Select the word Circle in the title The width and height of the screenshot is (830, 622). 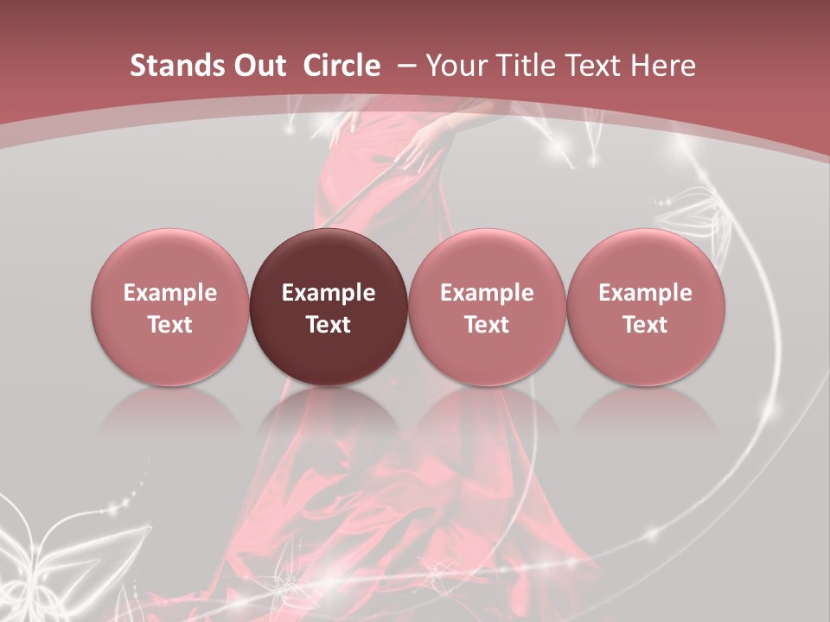[342, 66]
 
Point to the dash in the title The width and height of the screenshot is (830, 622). [406, 66]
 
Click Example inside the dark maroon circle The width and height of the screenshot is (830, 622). [329, 293]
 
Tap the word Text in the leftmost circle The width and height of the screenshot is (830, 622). [170, 325]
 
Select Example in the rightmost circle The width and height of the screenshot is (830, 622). [646, 293]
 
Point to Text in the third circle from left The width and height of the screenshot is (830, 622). [487, 325]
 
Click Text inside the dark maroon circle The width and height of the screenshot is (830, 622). [329, 325]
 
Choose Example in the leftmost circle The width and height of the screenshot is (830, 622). [170, 293]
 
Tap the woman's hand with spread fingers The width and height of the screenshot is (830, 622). [426, 143]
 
